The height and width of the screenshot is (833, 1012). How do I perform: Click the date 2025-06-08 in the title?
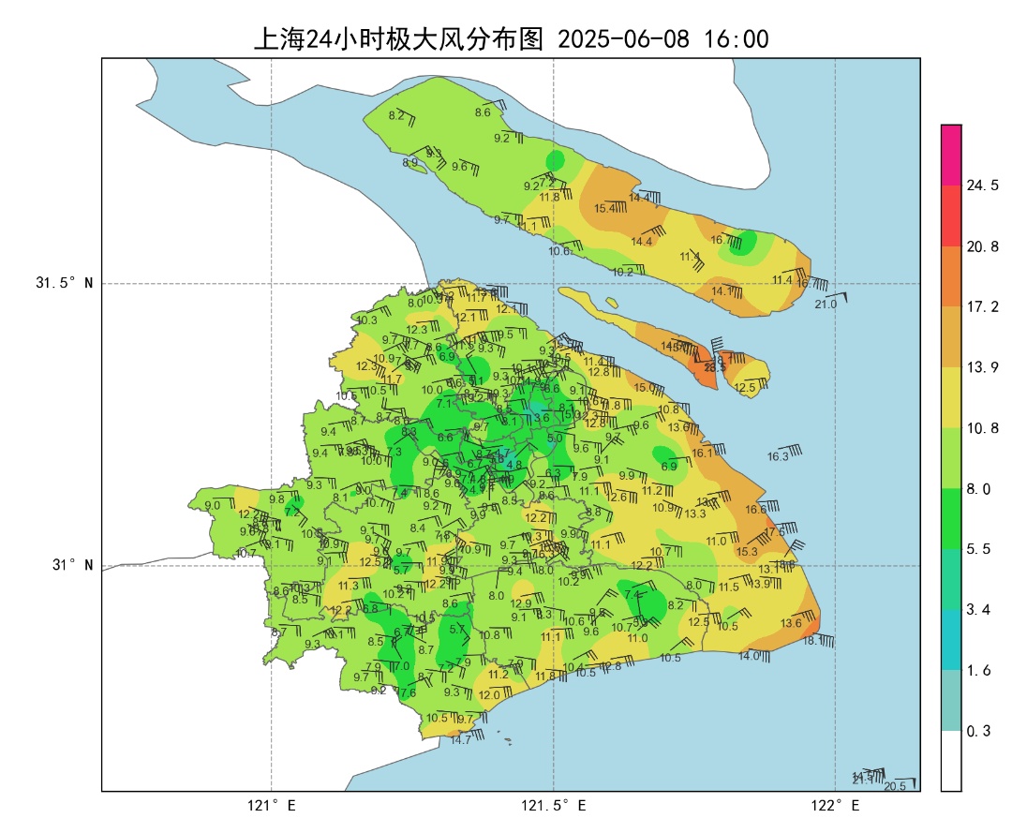[622, 39]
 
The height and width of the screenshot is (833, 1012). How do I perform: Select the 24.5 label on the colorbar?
[982, 186]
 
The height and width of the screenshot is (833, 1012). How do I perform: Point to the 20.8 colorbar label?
[982, 246]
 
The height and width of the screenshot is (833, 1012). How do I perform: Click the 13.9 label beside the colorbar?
[982, 367]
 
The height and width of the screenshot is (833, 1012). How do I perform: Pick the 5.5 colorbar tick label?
[978, 549]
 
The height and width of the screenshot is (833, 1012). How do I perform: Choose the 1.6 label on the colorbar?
[978, 670]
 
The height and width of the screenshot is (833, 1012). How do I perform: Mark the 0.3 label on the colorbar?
[978, 731]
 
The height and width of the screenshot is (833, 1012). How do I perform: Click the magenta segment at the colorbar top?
[951, 155]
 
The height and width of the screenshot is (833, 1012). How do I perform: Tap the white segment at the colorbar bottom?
[951, 761]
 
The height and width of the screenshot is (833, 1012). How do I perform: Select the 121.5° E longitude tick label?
[554, 806]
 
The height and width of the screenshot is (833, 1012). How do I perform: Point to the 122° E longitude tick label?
[836, 806]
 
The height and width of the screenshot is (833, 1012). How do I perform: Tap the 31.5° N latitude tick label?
[65, 283]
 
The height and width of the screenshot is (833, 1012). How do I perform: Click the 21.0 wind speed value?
[826, 305]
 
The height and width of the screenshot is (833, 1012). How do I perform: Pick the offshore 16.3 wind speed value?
[778, 457]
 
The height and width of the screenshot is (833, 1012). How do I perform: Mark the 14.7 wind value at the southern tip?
[461, 740]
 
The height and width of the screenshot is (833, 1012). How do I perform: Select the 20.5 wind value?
[895, 785]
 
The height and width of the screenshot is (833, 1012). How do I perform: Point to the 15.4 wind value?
[605, 208]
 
